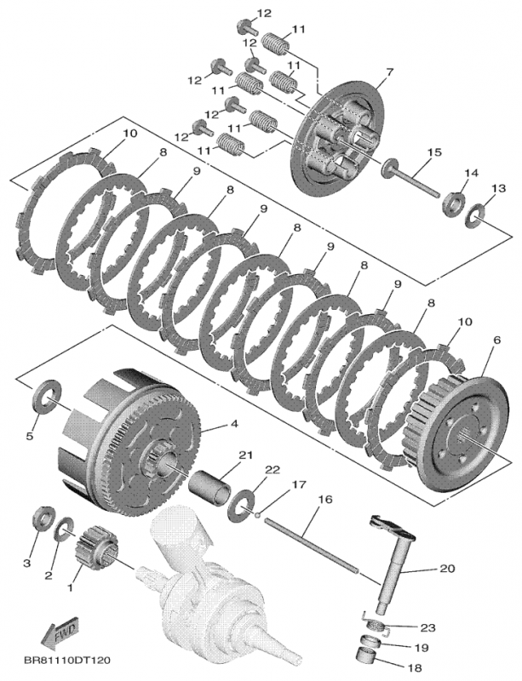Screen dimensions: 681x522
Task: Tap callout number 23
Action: [427, 627]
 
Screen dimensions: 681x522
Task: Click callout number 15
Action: [433, 152]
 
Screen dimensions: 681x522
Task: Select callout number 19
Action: [427, 647]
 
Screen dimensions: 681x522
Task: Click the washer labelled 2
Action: [64, 534]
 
